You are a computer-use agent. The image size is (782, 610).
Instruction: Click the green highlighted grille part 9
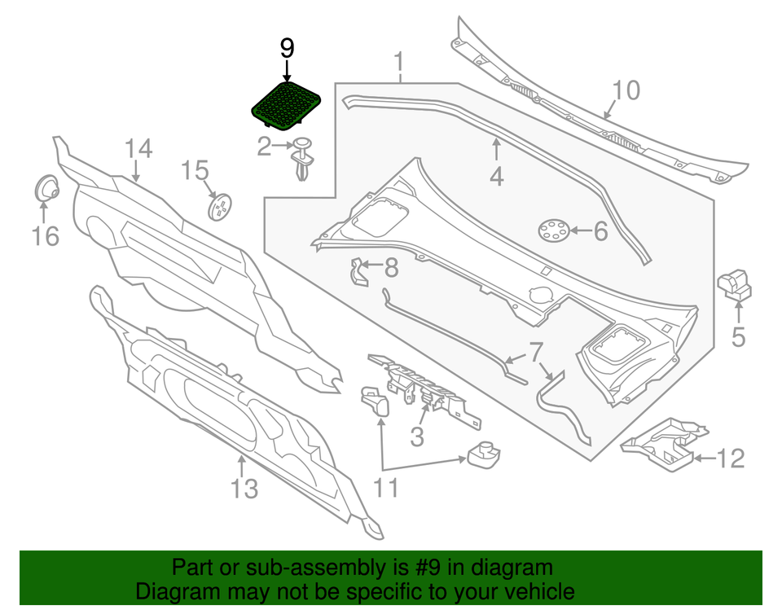[285, 106]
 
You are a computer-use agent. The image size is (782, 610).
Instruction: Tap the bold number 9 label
[287, 49]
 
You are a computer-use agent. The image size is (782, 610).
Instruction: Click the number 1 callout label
[400, 60]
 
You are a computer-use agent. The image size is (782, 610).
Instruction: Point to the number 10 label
[626, 90]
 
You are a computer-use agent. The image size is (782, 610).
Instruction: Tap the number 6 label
[600, 231]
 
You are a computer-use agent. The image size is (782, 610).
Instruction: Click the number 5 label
[738, 336]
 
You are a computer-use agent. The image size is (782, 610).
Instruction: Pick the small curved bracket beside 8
[357, 273]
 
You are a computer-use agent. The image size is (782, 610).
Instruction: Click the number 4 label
[496, 175]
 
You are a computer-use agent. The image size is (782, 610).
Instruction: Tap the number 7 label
[535, 353]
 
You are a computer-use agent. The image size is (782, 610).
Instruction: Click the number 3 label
[417, 437]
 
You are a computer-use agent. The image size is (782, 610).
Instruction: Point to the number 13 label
[244, 489]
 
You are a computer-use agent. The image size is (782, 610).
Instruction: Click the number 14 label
[138, 149]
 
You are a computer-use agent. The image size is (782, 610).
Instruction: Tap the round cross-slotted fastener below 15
[220, 208]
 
